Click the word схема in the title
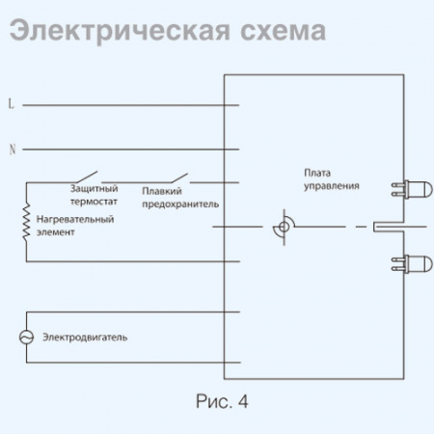[276, 32]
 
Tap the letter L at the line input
[11, 103]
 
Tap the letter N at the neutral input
[11, 149]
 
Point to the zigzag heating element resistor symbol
[26, 223]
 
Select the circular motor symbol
[26, 337]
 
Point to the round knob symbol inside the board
[283, 228]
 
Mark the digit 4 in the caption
[242, 400]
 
